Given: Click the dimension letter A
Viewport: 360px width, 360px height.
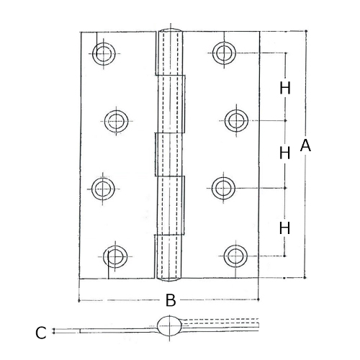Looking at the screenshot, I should pos(305,145).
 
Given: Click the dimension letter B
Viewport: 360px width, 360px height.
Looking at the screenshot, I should pos(171,300).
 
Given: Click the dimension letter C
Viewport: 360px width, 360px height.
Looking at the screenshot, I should pos(41,332).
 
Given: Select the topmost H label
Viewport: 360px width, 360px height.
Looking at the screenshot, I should pos(285,88).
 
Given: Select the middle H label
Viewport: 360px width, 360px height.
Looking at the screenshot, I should pos(285,153).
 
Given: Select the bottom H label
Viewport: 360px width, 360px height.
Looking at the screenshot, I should pos(285,228).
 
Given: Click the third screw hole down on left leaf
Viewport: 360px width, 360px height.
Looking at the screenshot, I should pos(104,188).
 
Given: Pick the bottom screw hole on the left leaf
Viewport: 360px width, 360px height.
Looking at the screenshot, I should pos(114,255).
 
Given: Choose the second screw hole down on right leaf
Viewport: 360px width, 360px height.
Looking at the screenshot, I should pos(235,119).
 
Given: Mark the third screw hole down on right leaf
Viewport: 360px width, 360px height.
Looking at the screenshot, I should pos(224,188).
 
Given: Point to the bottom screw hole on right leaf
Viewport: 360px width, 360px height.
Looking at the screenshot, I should pos(235,254).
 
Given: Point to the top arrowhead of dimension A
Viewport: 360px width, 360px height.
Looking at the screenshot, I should pos(306,32).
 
